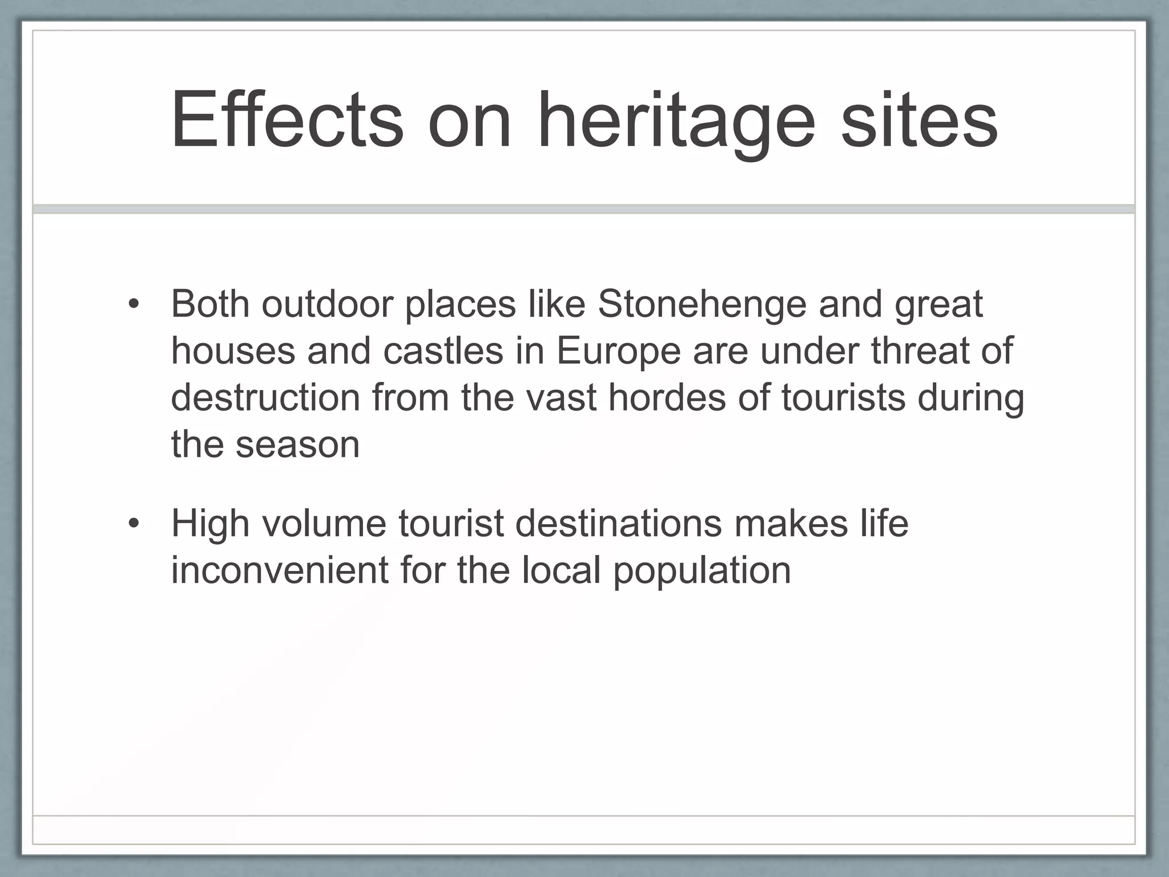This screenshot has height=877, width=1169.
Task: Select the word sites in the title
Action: (919, 120)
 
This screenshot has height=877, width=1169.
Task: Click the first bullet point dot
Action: (134, 304)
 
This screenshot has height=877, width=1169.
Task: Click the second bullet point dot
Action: (134, 523)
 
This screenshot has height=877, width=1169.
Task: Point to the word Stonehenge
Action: (702, 305)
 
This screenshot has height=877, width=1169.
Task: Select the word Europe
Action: (618, 352)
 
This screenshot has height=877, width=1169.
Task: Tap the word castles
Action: (443, 351)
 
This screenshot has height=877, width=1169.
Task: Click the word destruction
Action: (265, 397)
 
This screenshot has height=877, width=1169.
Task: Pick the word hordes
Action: (667, 397)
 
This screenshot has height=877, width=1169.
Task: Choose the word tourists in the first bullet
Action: (843, 397)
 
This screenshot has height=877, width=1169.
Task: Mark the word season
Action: (297, 445)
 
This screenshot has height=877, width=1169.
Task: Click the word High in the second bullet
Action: (210, 524)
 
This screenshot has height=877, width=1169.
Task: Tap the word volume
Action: (324, 523)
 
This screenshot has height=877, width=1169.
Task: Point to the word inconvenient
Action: (280, 570)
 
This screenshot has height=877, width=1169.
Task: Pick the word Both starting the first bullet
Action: (210, 304)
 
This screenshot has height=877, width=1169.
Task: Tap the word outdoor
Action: (327, 304)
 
